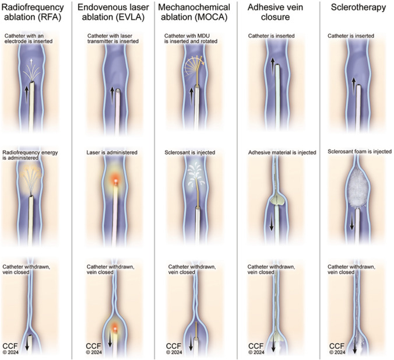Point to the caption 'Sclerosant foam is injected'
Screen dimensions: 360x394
coord(353,152)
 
